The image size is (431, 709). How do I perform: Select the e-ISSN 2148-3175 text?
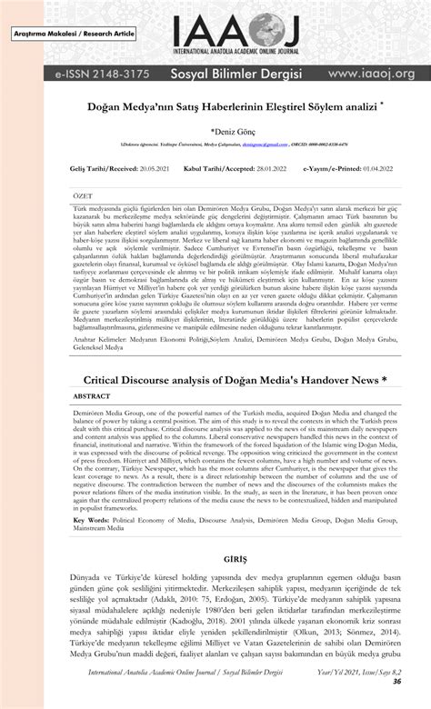tap(75, 73)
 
